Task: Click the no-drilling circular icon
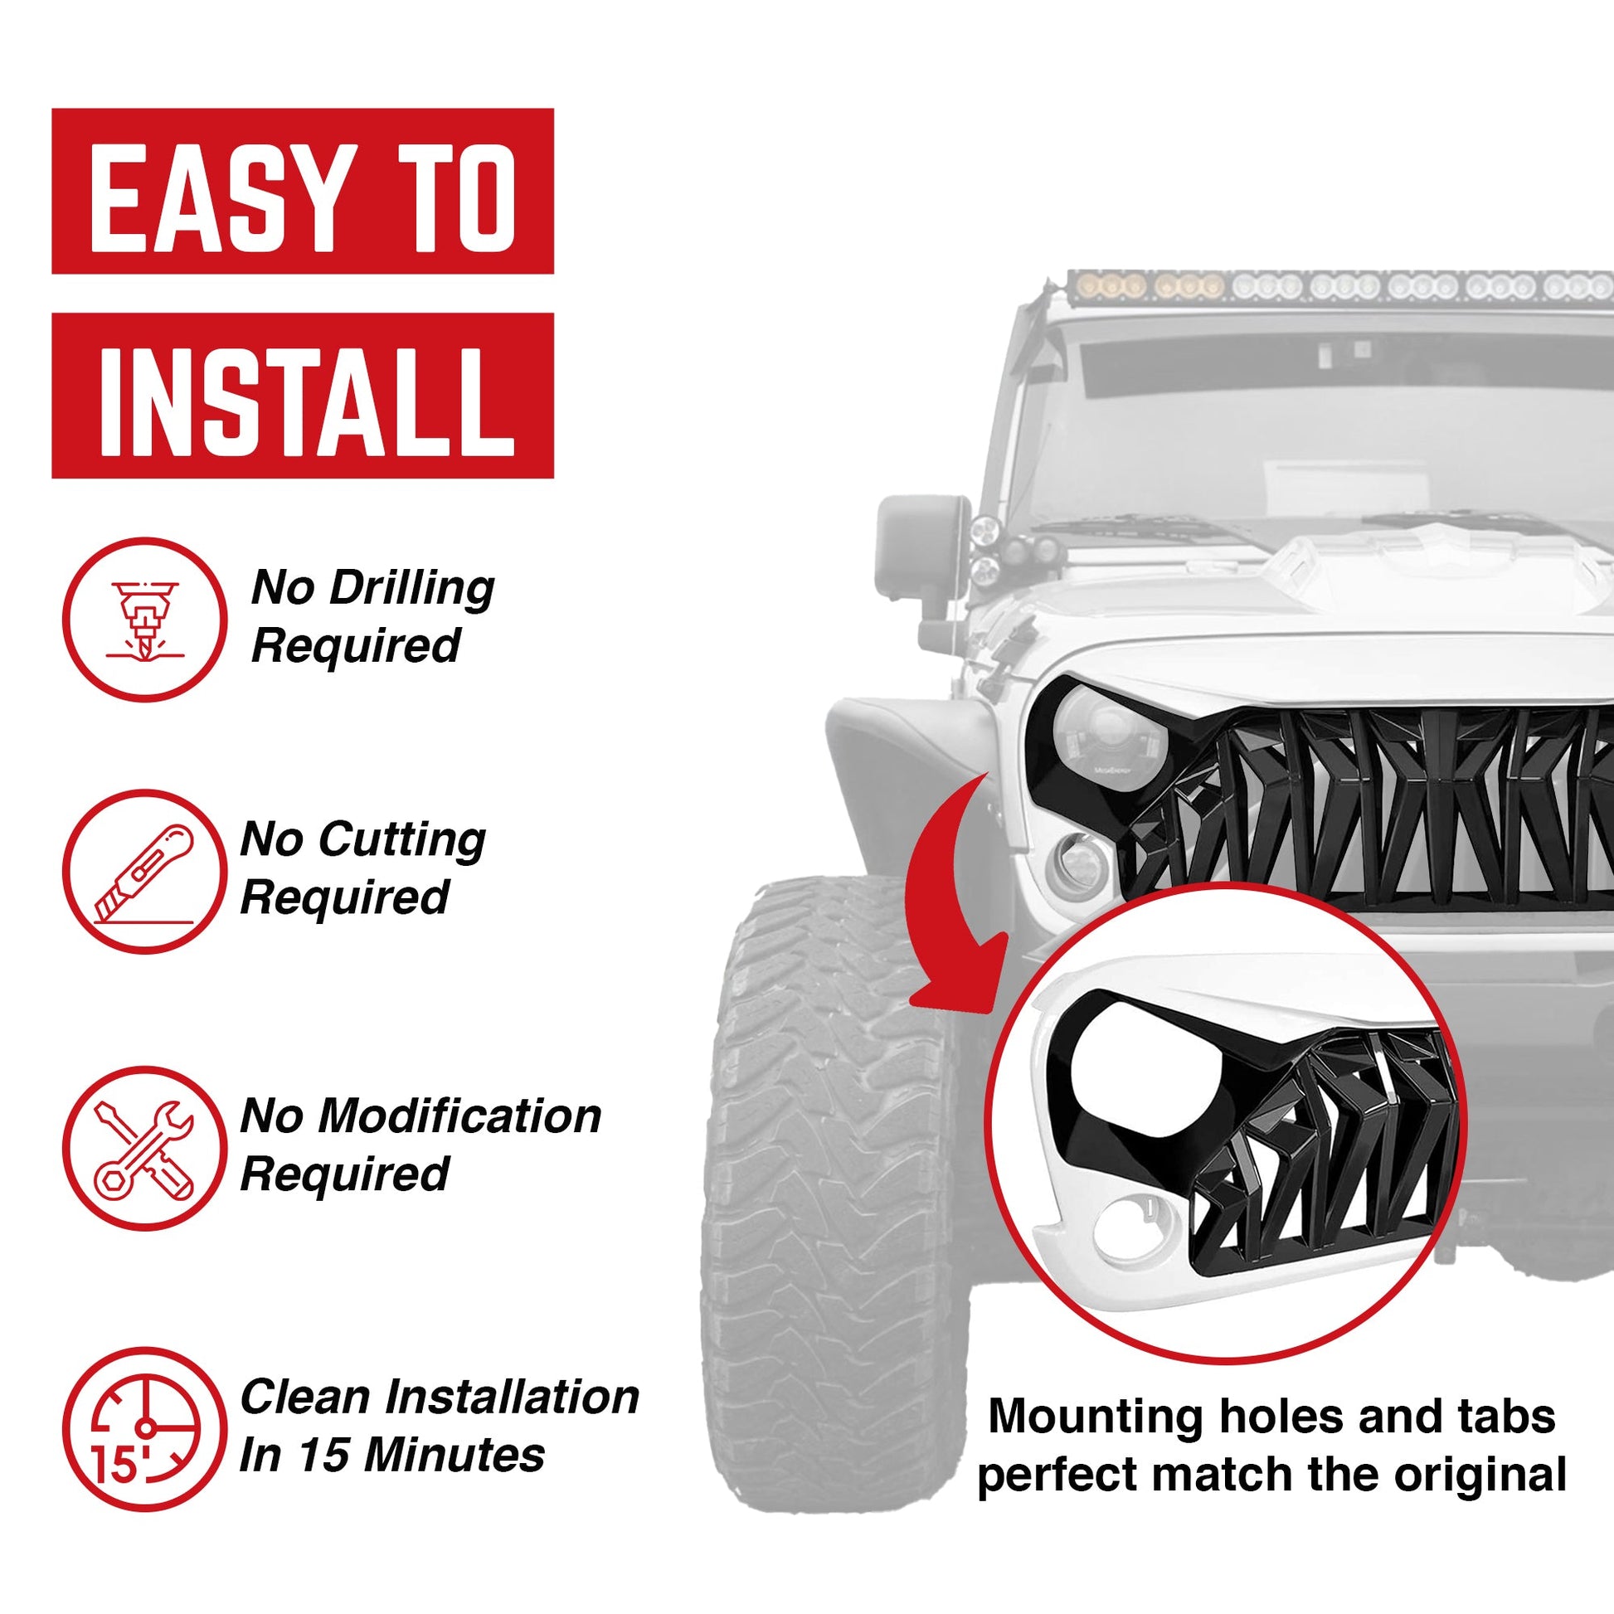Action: point(143,620)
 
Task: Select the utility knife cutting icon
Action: point(143,873)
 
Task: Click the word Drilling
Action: point(413,590)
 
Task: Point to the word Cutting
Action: point(401,840)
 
